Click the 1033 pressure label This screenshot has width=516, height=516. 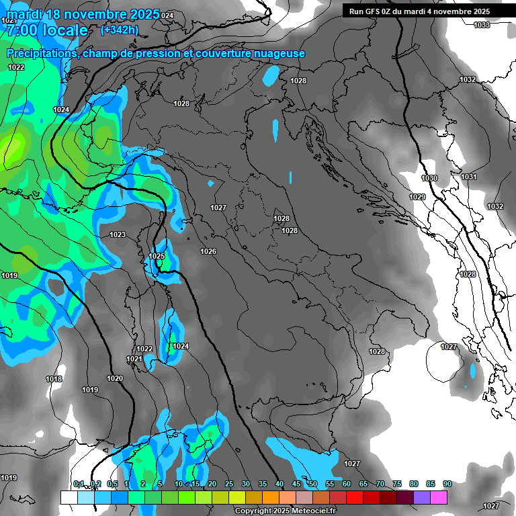[x=482, y=25]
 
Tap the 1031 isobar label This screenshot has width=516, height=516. [x=469, y=177]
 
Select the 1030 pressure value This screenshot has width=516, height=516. [x=429, y=178]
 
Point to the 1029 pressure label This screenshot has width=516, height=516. [x=417, y=197]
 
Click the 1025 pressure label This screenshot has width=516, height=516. [x=157, y=256]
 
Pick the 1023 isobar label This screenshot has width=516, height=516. [x=118, y=234]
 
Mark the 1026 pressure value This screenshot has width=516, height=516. [x=208, y=251]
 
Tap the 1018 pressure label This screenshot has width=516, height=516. [x=54, y=380]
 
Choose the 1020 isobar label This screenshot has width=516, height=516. [x=115, y=378]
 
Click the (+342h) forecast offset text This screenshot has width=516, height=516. [x=120, y=30]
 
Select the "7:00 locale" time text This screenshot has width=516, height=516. [x=46, y=31]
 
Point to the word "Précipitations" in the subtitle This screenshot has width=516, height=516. [x=41, y=53]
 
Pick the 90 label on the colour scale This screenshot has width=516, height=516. [x=447, y=484]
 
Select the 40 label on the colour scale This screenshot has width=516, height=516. [x=279, y=484]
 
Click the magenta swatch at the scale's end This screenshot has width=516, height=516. [x=439, y=497]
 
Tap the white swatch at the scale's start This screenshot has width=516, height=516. [x=69, y=497]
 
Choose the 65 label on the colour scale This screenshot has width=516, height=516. [x=363, y=484]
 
